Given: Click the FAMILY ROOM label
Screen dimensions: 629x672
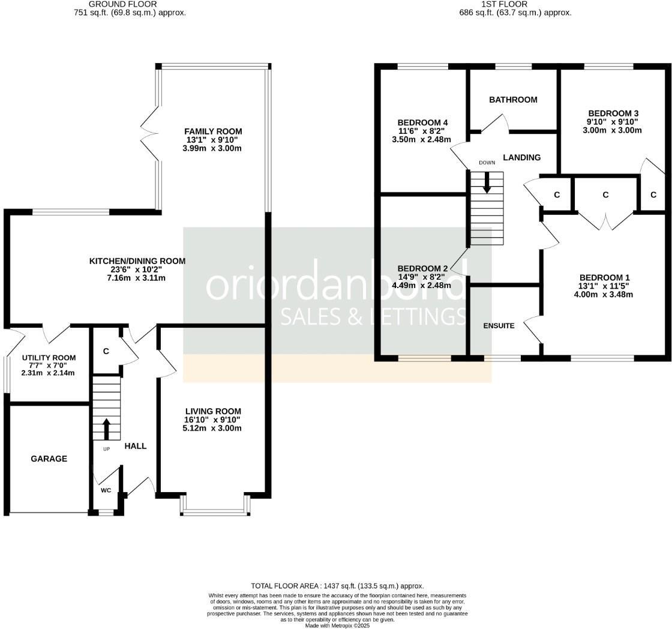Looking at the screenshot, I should [x=213, y=131].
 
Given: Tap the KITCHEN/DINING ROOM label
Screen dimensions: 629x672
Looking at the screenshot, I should [x=137, y=261].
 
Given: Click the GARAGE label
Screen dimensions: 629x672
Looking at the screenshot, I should [x=49, y=459].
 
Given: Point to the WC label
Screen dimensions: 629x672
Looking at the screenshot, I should [x=106, y=490].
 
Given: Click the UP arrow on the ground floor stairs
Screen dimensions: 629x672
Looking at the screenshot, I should [x=106, y=429].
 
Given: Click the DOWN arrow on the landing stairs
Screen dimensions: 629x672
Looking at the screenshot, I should [x=487, y=182].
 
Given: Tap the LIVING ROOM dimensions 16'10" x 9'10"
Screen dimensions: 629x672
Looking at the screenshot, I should [x=213, y=420].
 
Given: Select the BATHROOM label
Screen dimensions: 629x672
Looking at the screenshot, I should [x=513, y=100].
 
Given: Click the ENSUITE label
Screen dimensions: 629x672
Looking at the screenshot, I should [x=499, y=326].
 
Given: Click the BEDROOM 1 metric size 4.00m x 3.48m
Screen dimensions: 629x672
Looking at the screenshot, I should [x=605, y=294].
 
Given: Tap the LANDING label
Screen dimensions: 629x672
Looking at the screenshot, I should [x=521, y=157].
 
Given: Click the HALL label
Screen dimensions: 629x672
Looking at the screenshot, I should [x=136, y=446].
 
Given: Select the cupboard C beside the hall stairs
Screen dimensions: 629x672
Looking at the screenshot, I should [x=106, y=352].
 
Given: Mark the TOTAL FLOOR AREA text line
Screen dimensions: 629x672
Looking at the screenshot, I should [x=337, y=586].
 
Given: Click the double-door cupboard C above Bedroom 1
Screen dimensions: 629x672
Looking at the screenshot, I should [x=605, y=194].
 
